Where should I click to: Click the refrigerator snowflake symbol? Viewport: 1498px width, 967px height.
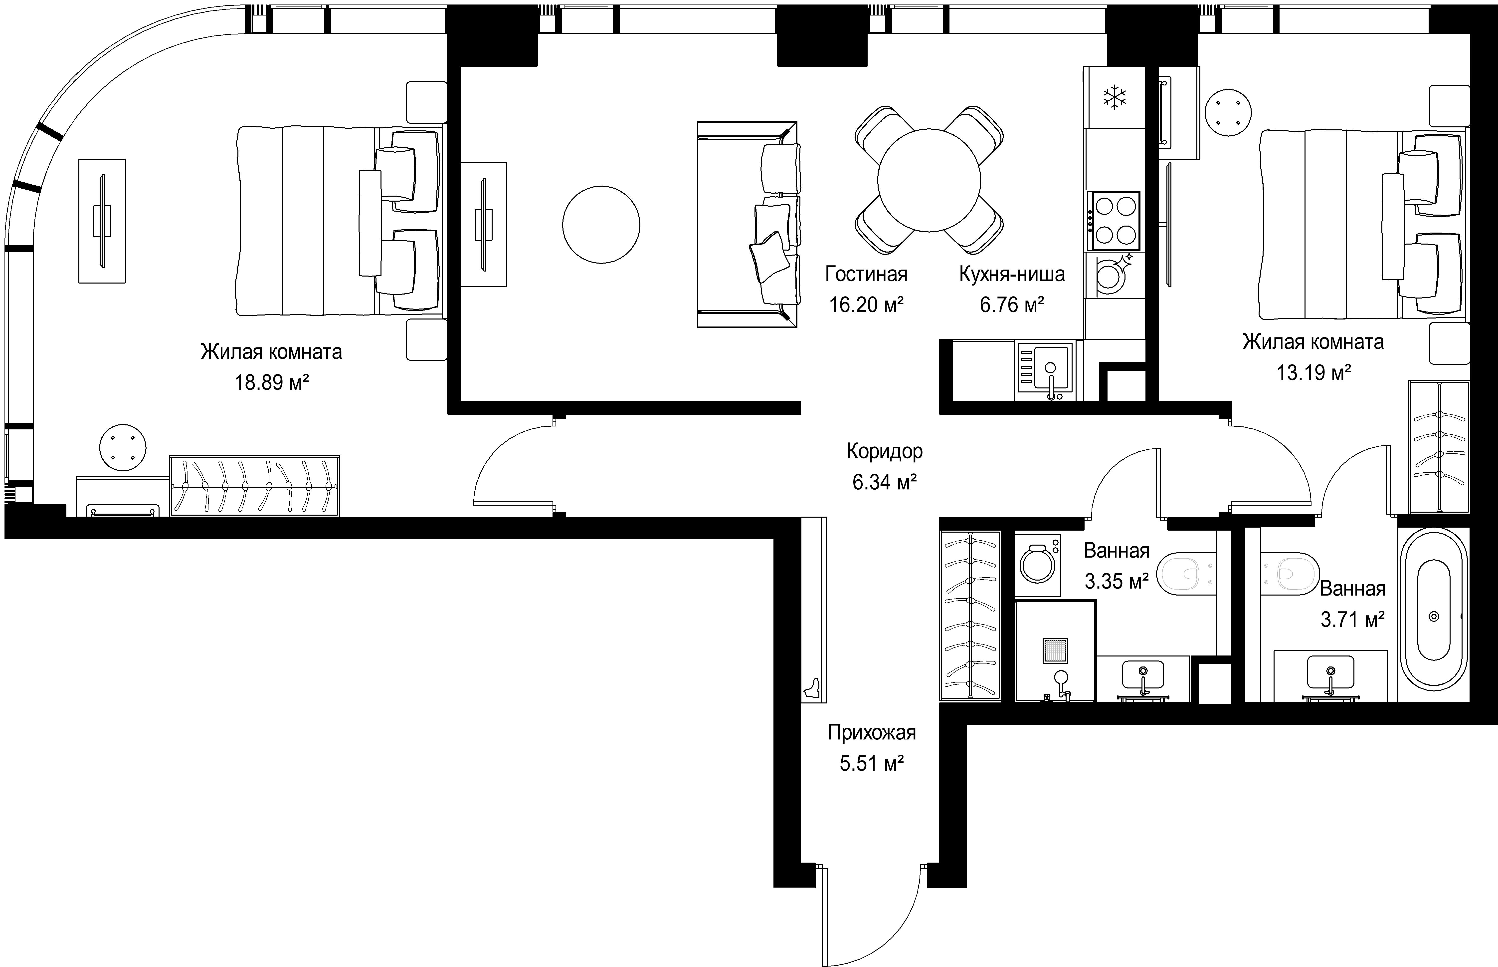1115,97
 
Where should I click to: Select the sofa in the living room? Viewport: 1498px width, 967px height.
748,224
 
